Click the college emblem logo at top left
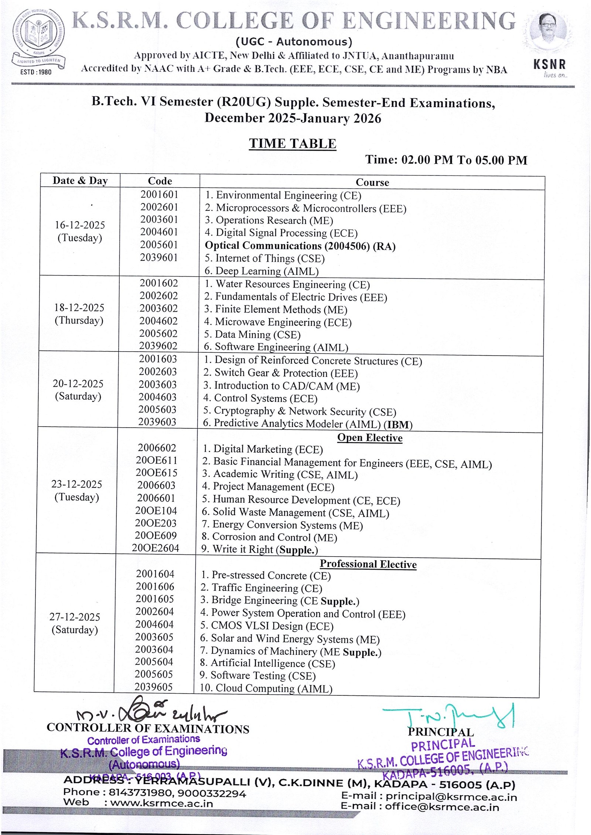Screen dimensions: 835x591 pos(38,39)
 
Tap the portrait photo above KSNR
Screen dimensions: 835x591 pos(549,31)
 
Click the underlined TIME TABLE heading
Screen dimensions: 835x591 pos(293,144)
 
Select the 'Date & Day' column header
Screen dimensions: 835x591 pos(80,181)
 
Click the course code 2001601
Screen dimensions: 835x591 pos(159,194)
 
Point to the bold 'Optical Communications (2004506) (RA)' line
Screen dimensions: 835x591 pos(300,246)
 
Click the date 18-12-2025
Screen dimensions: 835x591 pos(79,308)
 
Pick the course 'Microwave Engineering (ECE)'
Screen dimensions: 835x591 pos(278,322)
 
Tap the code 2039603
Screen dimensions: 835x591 pos(157,422)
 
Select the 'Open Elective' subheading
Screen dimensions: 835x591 pos(370,438)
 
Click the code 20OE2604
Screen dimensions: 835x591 pos(156,548)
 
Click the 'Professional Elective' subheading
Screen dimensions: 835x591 pos(368,564)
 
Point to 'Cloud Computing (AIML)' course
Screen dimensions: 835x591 pos(266,688)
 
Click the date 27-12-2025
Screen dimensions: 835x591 pos(75,617)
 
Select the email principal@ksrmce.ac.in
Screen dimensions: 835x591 pos(451,797)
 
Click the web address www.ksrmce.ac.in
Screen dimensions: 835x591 pos(162,803)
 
